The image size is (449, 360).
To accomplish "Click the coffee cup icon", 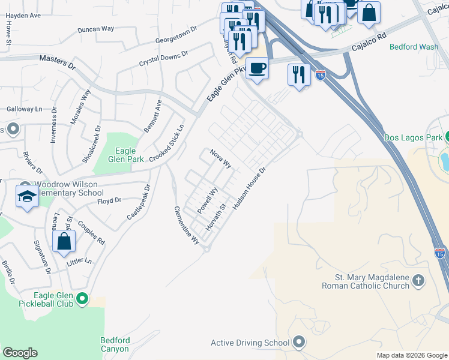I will coord(257,67).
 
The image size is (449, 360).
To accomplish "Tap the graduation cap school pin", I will coord(28,197).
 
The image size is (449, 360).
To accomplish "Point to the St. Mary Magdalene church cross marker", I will coord(418,280).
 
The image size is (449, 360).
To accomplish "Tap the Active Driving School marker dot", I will coord(299,343).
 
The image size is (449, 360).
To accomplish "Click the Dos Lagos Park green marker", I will coord(445,137).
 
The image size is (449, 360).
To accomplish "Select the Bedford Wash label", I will coord(414,46).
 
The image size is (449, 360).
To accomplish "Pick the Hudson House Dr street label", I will coord(249,187).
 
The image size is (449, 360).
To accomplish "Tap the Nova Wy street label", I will coord(221,159).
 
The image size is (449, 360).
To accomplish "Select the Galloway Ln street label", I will coord(25,109).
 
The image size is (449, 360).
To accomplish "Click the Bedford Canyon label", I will coord(114,344).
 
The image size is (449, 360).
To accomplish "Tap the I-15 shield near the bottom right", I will coord(440,253).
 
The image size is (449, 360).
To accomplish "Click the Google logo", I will coord(20,353).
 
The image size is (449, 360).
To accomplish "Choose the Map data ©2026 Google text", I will coord(411,355).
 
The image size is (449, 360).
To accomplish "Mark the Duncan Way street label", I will coord(96,29).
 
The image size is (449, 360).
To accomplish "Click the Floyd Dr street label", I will coord(109,200).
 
